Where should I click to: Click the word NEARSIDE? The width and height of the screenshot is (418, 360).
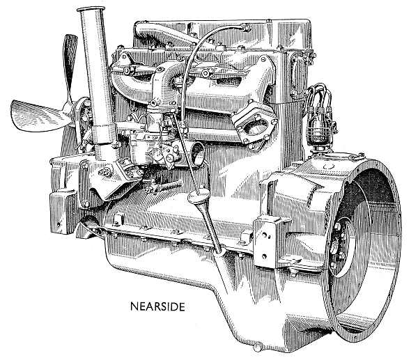coord(157,306)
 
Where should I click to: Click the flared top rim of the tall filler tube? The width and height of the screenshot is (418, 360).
coord(91,9)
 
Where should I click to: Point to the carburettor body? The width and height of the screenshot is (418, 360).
coord(155,144)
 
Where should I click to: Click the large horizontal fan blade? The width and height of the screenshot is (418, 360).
coord(38,116)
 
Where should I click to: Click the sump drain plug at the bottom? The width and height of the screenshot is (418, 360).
coord(257,347)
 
